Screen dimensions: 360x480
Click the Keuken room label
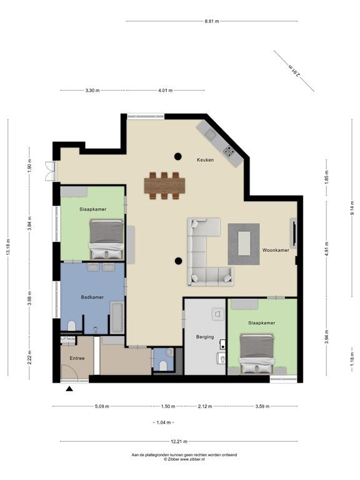pyautogui.click(x=205, y=160)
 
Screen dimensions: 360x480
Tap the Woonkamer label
pyautogui.click(x=276, y=250)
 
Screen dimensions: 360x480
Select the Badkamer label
pyautogui.click(x=92, y=297)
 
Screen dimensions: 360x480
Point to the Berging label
pyautogui.click(x=205, y=337)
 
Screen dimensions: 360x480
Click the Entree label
pyautogui.click(x=77, y=358)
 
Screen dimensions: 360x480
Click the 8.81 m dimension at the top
pyautogui.click(x=212, y=21)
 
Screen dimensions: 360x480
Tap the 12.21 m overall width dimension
pyautogui.click(x=179, y=441)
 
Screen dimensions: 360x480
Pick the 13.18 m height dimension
pyautogui.click(x=8, y=247)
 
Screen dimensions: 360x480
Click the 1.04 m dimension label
pyautogui.click(x=164, y=422)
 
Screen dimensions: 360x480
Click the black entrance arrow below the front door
pyautogui.click(x=69, y=389)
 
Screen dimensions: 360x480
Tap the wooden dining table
pyautogui.click(x=165, y=186)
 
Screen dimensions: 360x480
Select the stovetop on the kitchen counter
pyautogui.click(x=229, y=151)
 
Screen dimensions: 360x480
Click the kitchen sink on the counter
pyautogui.click(x=211, y=134)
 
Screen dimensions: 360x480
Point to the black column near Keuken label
pyautogui.click(x=178, y=156)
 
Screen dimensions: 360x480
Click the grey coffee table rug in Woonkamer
pyautogui.click(x=244, y=244)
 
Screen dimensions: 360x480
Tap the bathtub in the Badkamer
pyautogui.click(x=117, y=317)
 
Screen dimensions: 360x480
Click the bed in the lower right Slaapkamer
pyautogui.click(x=256, y=354)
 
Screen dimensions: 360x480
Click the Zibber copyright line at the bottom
pyautogui.click(x=184, y=459)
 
